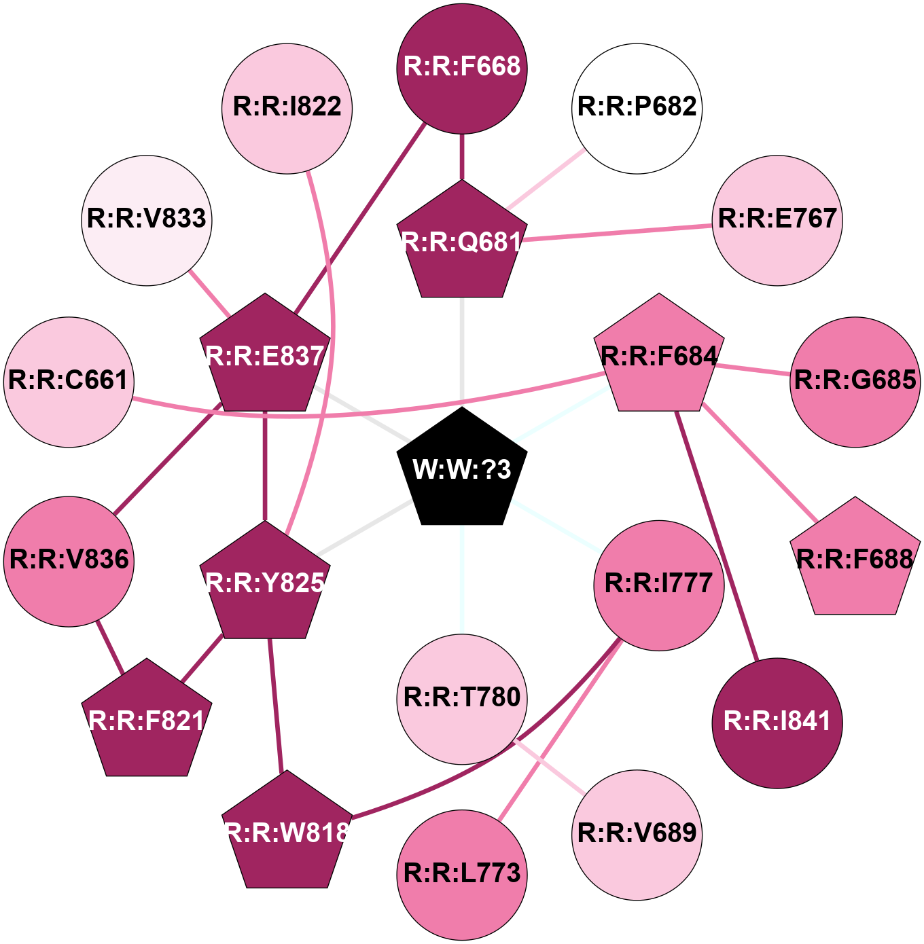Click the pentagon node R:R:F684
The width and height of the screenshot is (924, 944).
[659, 356]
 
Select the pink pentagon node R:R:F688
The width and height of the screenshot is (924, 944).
[855, 560]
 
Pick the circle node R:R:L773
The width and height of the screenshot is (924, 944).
[462, 875]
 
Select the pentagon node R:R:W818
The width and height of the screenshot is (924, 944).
[287, 833]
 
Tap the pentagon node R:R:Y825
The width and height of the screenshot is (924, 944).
[265, 583]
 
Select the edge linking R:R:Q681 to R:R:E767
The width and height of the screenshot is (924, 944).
[618, 233]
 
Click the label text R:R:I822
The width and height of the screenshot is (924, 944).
[287, 107]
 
